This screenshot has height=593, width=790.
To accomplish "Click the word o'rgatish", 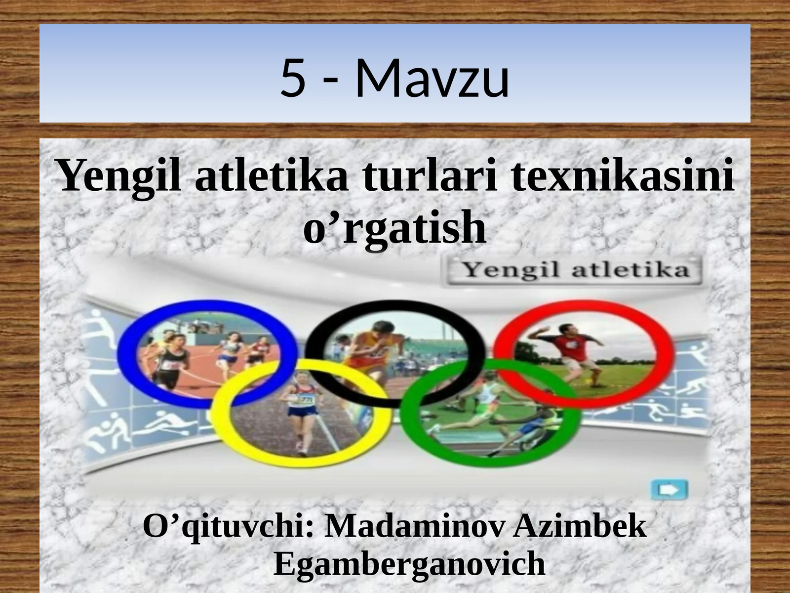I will (x=395, y=228).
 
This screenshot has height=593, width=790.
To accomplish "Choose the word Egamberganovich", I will (x=409, y=563).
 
